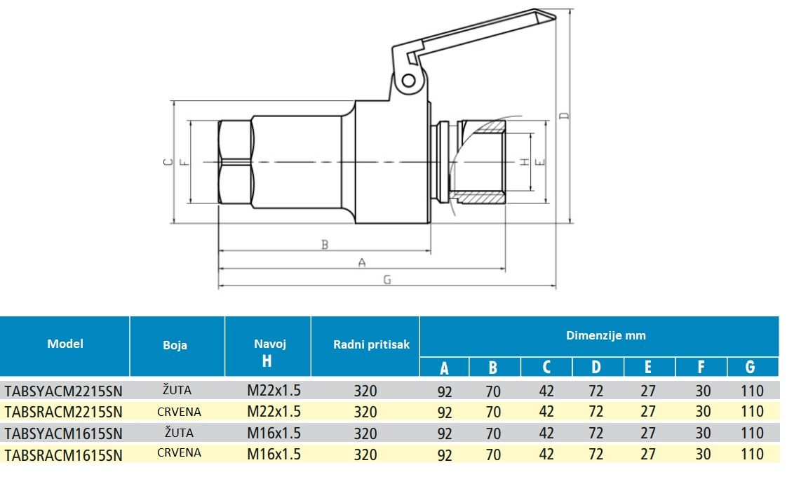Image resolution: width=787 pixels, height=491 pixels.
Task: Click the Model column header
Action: tap(65, 344)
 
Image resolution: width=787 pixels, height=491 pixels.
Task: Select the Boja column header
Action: tap(175, 345)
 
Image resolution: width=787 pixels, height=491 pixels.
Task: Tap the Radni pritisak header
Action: tap(371, 344)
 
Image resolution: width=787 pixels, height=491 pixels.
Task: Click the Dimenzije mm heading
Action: tap(606, 335)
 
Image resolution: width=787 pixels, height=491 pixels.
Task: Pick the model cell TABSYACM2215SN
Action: tap(63, 391)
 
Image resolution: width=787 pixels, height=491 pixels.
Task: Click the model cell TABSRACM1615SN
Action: tap(63, 455)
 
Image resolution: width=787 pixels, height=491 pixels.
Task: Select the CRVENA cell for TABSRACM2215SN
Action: tap(179, 412)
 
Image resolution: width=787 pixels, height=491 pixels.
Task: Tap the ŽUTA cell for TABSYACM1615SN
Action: tap(177, 432)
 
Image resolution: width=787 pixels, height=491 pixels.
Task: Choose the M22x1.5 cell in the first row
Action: tap(274, 390)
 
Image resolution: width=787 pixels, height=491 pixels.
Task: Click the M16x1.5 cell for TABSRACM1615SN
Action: tap(274, 454)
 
